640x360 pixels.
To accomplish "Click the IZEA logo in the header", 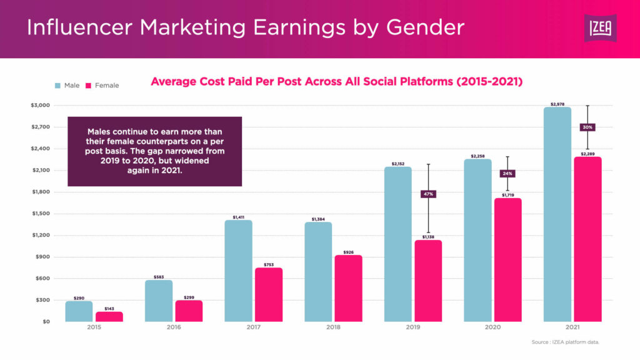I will [599, 28].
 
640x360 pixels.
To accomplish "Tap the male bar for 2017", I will [238, 271].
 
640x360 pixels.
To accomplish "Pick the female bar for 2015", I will [109, 317].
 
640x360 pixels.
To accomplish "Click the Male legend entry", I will [67, 85].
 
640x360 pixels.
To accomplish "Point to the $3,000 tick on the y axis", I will [41, 105].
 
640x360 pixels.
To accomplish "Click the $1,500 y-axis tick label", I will [41, 213].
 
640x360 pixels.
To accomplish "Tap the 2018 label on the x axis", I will [333, 327].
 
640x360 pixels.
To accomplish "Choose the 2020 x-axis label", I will [493, 327].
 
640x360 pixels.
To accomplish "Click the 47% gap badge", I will [428, 194].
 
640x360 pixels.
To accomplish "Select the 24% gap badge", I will [507, 173].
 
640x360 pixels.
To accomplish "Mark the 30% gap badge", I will [587, 127].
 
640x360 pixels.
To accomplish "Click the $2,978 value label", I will [557, 103].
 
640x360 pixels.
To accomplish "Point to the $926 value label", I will [348, 252].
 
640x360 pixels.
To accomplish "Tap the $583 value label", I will [159, 276].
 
